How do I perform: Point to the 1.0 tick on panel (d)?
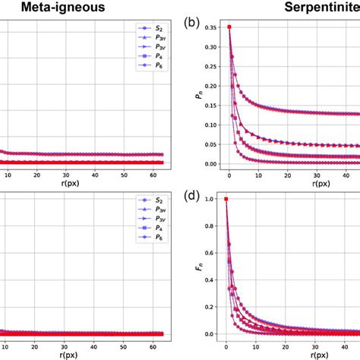pyautogui.click(x=216, y=199)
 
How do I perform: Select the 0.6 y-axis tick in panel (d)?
pyautogui.click(x=216, y=253)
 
